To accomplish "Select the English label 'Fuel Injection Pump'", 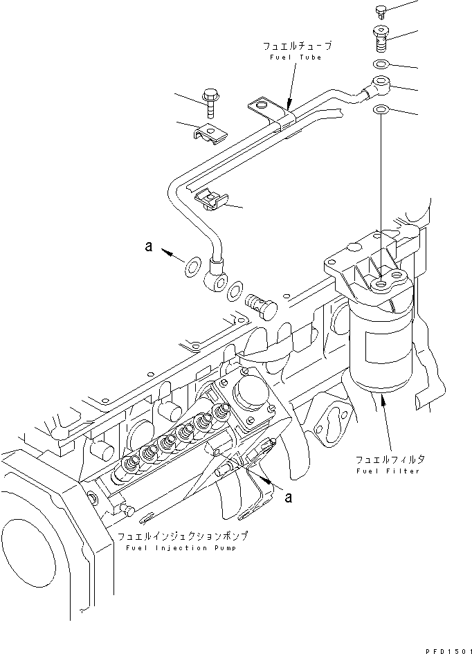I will (182, 547).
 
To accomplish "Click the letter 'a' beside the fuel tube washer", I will (148, 246).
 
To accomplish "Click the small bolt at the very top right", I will (380, 9).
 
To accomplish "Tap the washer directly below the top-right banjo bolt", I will (381, 65).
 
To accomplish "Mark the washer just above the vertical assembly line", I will (381, 110).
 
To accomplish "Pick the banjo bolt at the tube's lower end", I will (260, 305).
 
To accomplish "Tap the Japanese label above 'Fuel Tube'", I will (297, 46).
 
